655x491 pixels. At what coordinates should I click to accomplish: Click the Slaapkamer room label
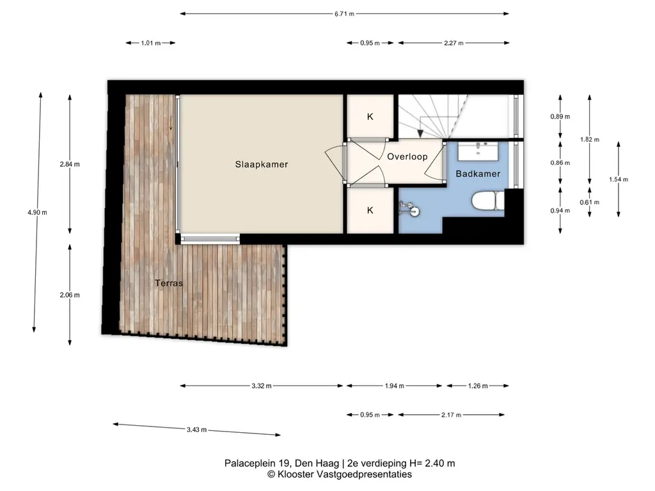[x=262, y=164]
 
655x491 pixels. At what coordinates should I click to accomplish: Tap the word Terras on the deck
[x=169, y=283]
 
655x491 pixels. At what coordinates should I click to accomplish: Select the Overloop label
[x=407, y=157]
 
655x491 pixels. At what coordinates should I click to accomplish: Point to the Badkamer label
[x=478, y=174]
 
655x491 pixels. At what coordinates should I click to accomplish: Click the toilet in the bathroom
[x=488, y=200]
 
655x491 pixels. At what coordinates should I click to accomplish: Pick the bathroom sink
[x=478, y=151]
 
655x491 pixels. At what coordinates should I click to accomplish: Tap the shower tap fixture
[x=408, y=208]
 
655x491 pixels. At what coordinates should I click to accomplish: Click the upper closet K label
[x=370, y=117]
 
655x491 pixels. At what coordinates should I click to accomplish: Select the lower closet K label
[x=370, y=210]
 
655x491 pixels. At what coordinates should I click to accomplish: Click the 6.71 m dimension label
[x=344, y=14]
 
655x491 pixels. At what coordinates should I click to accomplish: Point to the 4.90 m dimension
[x=38, y=212]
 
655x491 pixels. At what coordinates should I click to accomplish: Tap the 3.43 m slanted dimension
[x=197, y=430]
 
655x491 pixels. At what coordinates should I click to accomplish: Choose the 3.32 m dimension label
[x=262, y=386]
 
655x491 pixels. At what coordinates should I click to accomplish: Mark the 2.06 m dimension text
[x=70, y=295]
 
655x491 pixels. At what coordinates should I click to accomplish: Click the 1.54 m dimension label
[x=619, y=180]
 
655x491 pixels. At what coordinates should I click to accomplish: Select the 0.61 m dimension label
[x=589, y=203]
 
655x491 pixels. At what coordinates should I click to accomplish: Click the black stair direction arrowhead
[x=420, y=134]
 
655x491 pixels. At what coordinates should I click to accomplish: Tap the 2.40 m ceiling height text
[x=440, y=463]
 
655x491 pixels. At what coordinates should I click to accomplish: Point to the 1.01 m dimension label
[x=151, y=43]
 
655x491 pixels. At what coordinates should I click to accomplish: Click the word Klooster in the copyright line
[x=296, y=474]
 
